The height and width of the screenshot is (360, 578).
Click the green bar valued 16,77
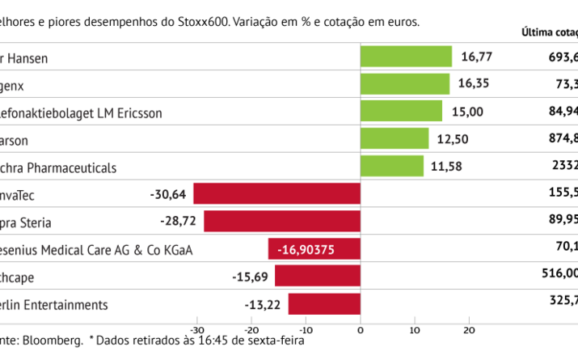click(406, 57)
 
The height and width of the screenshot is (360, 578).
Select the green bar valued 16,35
click(404, 84)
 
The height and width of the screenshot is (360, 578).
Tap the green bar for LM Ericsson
click(401, 112)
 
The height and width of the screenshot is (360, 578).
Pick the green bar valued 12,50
click(394, 139)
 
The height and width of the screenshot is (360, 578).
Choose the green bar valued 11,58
click(391, 167)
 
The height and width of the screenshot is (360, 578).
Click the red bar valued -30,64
click(276, 194)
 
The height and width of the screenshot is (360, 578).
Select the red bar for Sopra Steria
click(281, 222)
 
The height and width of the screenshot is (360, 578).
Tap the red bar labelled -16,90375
click(314, 249)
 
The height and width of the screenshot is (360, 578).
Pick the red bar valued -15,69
click(317, 277)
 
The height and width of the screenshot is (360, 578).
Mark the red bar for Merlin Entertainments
click(324, 304)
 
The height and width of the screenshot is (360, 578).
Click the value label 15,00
click(466, 112)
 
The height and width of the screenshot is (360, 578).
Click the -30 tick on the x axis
click(196, 329)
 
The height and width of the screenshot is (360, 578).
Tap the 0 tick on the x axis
click(360, 329)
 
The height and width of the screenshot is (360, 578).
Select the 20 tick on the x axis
click(468, 329)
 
